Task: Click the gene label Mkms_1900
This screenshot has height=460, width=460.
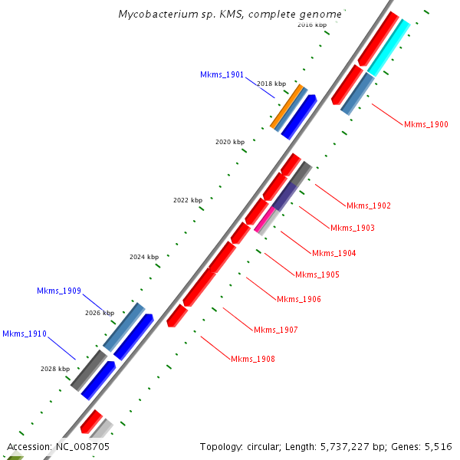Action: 426,124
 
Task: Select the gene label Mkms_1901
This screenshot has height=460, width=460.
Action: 222,75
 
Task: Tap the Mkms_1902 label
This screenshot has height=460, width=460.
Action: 368,205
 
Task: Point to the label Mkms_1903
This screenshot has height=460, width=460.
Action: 352,228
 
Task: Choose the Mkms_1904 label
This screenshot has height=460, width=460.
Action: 333,253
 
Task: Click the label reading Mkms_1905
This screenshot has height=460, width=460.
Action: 317,274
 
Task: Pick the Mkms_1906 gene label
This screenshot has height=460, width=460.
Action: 298,299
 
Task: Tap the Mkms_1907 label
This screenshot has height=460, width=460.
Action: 275,330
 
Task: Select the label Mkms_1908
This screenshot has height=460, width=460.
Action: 252,359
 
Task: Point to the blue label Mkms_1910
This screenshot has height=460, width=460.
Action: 24,333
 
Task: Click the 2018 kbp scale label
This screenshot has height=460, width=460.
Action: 271,84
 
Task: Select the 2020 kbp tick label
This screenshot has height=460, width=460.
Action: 230,142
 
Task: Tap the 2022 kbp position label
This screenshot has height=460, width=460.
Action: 188,200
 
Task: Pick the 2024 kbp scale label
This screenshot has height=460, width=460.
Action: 144,257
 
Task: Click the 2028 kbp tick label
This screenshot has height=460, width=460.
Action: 55,369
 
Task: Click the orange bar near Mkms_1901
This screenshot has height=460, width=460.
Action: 287,106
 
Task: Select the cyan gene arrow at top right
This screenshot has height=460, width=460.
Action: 389,48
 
